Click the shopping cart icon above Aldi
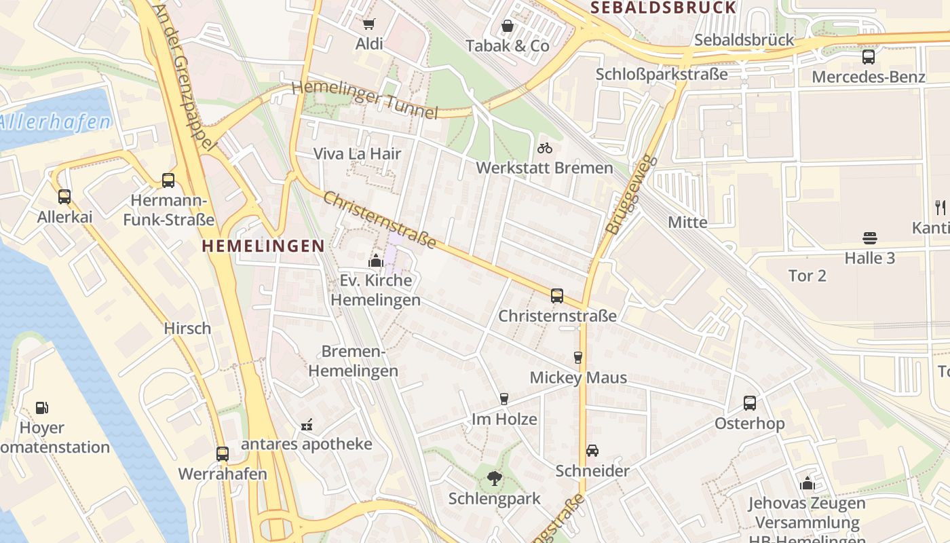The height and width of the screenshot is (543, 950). point(368,24)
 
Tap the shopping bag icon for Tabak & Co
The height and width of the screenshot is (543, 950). point(507,26)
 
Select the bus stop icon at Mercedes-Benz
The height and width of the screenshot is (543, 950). point(868,57)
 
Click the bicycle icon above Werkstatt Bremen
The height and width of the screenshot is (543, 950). point(544,148)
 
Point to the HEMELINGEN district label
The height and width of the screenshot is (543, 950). point(263,246)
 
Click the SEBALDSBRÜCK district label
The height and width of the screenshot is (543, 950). point(663,8)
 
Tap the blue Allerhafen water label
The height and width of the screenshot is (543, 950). point(56,123)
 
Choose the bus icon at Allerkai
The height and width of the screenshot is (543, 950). point(64,197)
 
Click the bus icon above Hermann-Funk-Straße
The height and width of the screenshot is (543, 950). point(168,181)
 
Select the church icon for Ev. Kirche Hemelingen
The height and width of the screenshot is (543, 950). point(375,260)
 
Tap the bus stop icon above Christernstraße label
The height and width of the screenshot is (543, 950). point(557,296)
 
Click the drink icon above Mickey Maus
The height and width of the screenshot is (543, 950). point(578,357)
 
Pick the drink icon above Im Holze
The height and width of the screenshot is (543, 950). point(504,398)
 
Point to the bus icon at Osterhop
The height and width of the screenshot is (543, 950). point(750,403)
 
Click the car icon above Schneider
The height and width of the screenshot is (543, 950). point(592,451)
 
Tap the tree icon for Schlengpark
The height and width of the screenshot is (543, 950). point(494,479)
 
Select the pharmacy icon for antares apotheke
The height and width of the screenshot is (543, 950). point(307,425)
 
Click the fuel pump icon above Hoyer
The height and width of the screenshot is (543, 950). point(42,408)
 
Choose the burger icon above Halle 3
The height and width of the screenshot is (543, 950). point(870,238)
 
